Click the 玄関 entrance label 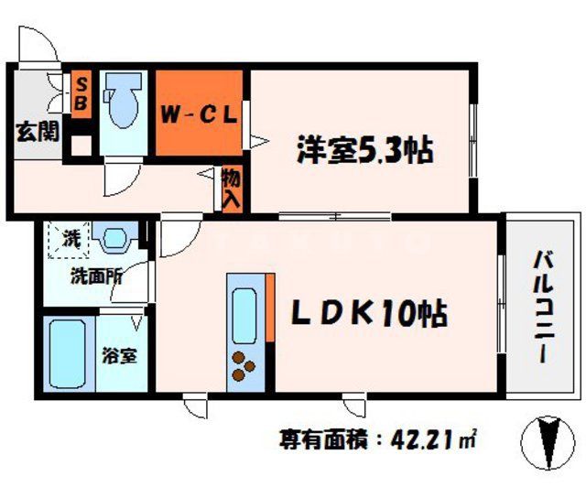tap(36, 131)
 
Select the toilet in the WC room tap(120, 106)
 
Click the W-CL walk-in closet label tap(200, 115)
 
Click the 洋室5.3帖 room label tap(364, 147)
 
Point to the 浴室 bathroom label tap(119, 355)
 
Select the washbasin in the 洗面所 tap(113, 240)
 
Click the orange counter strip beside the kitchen tap(270, 307)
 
